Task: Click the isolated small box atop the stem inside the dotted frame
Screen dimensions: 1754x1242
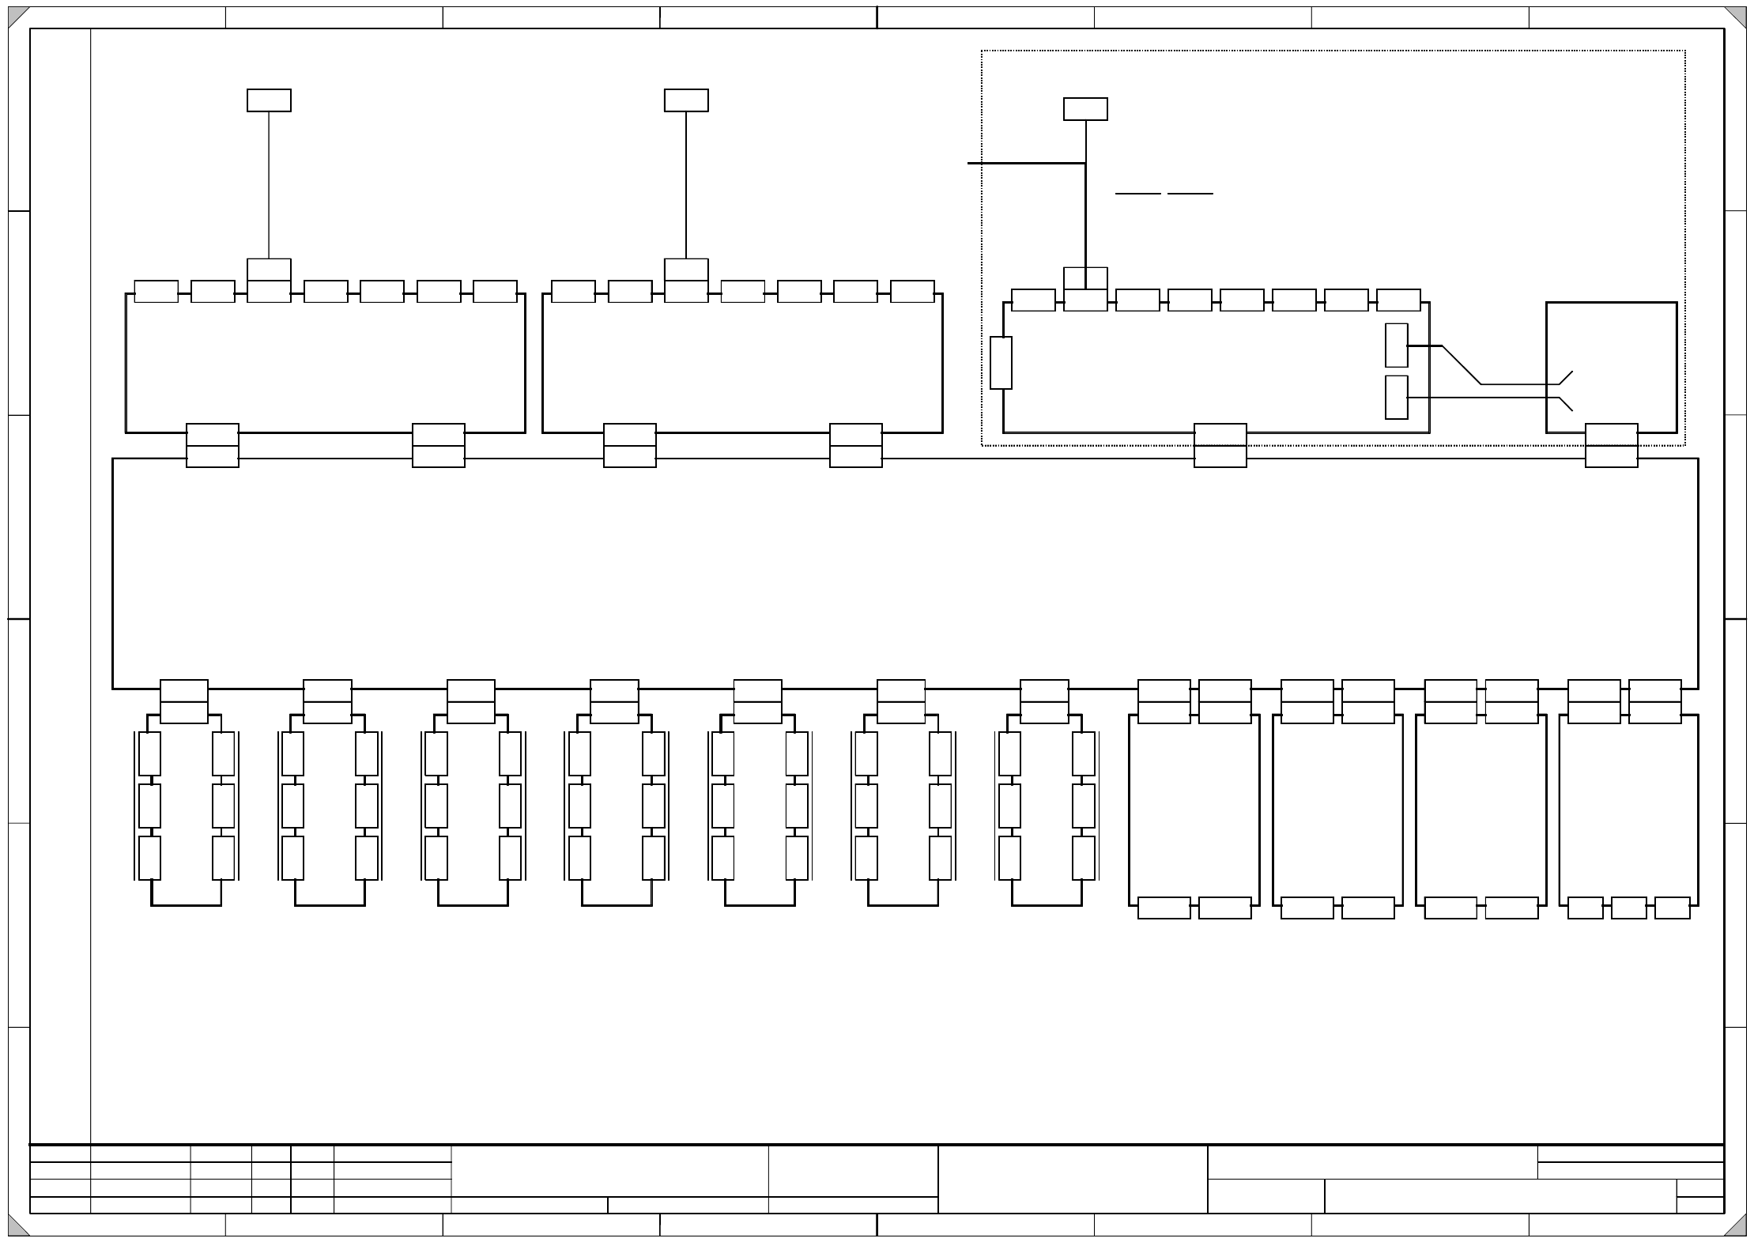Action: pos(1084,109)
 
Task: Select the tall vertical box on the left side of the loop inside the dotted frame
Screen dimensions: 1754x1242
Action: pos(1001,363)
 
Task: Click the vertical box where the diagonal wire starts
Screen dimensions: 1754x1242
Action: pos(1396,345)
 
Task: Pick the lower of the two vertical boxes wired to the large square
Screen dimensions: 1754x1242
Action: pos(1396,397)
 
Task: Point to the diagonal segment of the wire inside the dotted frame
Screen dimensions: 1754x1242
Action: pos(1462,364)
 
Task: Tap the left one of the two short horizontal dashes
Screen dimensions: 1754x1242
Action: pos(1137,193)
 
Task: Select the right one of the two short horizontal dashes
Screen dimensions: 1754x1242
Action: pos(1190,193)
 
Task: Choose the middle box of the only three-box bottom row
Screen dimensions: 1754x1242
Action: pos(1628,908)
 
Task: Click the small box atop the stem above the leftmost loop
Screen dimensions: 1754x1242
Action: pos(269,100)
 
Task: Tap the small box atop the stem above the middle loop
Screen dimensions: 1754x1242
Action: pos(686,100)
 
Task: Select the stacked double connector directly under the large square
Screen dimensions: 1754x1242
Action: pos(1611,446)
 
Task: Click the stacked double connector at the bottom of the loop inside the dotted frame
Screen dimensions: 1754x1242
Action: pos(1220,446)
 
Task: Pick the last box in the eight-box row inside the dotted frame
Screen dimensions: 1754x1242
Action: pos(1398,300)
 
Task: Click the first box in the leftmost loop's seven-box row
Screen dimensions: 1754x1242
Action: pos(156,291)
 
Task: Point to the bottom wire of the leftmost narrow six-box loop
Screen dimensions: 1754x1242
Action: pos(186,905)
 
